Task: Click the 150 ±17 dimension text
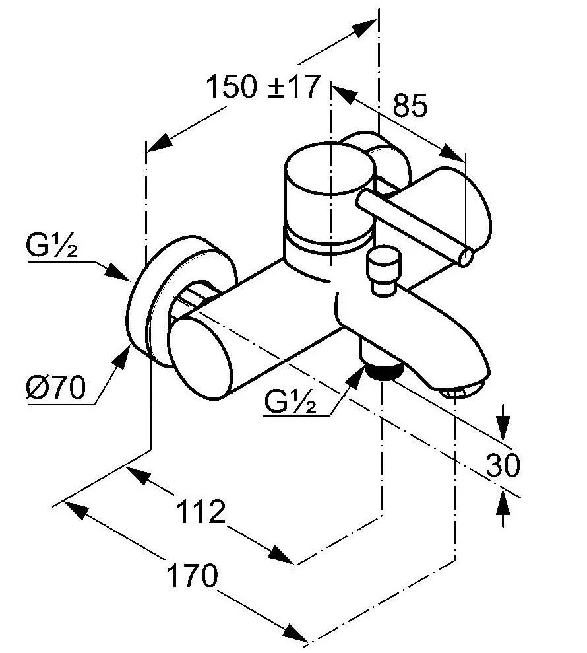263,87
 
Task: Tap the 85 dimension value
410,105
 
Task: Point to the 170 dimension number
191,576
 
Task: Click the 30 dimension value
503,466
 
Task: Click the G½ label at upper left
53,249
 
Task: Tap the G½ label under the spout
291,401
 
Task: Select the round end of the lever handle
466,256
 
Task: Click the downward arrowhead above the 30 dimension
503,432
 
